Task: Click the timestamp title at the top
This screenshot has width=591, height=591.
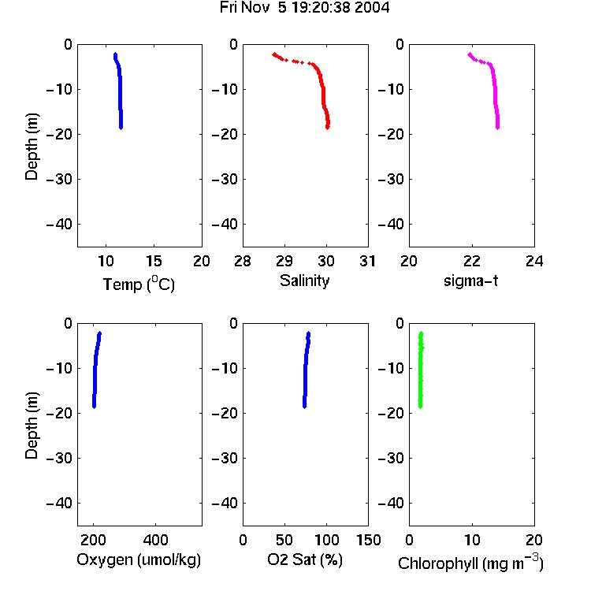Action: click(x=304, y=7)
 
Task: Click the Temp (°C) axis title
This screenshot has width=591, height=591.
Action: click(x=139, y=284)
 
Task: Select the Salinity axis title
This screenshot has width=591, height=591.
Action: click(x=304, y=281)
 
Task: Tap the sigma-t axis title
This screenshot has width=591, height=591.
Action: click(x=470, y=281)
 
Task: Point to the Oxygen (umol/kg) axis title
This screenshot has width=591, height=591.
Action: click(x=139, y=559)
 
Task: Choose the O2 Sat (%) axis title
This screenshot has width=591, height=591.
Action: click(x=305, y=559)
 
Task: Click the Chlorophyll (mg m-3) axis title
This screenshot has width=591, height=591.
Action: click(x=470, y=562)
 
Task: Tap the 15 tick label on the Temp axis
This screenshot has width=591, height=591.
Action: click(x=154, y=261)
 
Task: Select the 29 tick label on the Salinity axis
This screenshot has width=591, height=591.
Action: click(x=284, y=261)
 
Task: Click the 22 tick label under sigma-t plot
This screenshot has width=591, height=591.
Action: click(x=471, y=261)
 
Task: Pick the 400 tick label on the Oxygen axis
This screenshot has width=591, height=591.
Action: click(x=155, y=540)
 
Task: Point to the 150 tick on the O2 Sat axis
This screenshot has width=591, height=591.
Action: click(x=369, y=540)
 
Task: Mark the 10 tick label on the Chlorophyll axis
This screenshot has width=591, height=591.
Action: click(x=472, y=540)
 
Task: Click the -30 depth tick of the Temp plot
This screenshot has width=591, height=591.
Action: click(x=59, y=180)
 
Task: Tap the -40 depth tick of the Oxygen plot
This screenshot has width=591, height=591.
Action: click(x=59, y=504)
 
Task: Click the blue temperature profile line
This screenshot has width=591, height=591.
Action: click(x=120, y=91)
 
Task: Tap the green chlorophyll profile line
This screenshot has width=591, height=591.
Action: click(x=421, y=370)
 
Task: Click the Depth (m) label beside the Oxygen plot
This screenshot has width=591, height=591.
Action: click(x=32, y=426)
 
